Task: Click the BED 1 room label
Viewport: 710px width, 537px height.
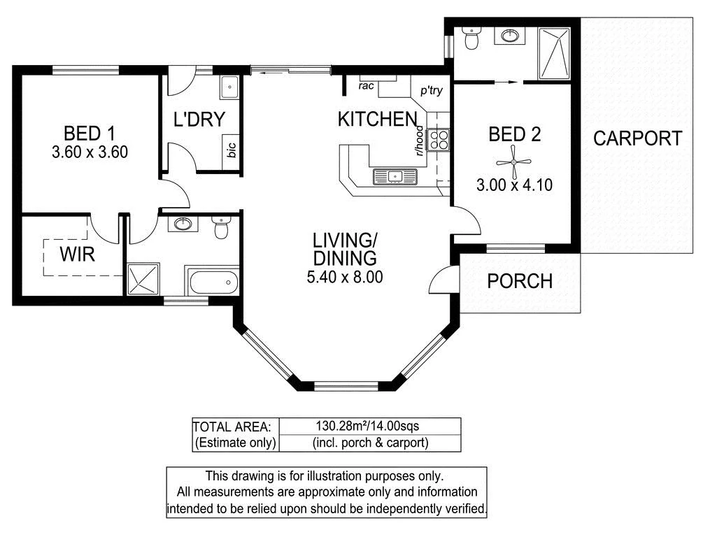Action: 90,134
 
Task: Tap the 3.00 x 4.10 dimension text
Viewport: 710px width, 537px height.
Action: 514,185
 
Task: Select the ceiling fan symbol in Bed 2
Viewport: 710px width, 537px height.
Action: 514,162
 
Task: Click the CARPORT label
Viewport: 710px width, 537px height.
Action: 637,138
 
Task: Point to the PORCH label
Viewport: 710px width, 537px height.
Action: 520,281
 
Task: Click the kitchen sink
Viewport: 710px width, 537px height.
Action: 395,176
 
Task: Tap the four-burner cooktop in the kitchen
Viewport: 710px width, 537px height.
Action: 438,139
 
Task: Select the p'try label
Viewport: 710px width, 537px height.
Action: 431,91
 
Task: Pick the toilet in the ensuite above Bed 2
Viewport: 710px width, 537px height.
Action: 471,38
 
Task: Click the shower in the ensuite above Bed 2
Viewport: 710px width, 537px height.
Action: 554,53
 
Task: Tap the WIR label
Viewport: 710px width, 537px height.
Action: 77,254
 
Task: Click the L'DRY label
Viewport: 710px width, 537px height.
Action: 199,120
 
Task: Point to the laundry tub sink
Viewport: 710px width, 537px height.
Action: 229,87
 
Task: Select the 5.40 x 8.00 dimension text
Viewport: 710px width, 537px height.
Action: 345,277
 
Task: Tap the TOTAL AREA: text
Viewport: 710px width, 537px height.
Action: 232,427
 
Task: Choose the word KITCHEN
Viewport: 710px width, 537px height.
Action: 377,119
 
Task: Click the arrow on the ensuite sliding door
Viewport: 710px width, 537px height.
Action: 506,83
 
